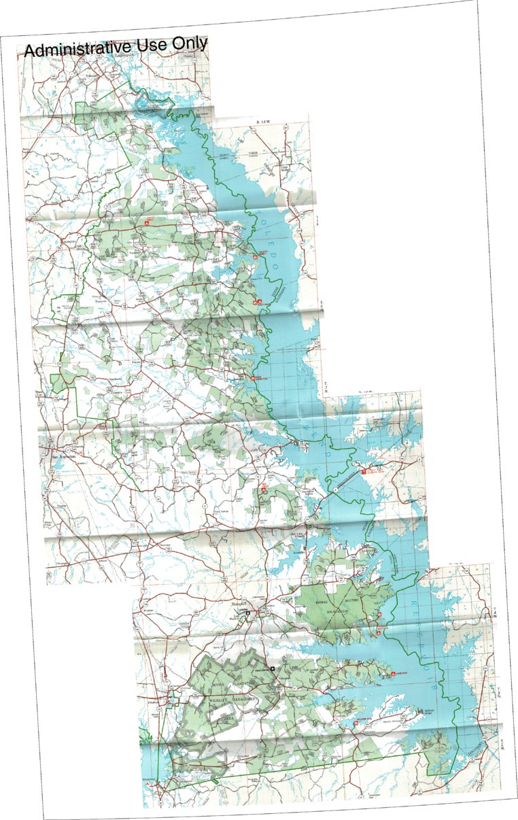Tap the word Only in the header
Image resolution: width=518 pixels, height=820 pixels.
click(188, 44)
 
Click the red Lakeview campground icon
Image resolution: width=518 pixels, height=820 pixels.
click(392, 674)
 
